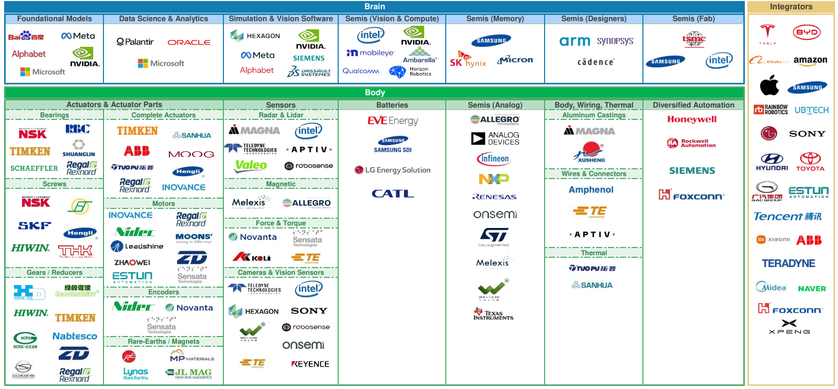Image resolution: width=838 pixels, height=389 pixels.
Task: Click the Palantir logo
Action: [x=135, y=42]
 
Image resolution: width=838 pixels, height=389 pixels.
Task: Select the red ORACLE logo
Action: [x=189, y=42]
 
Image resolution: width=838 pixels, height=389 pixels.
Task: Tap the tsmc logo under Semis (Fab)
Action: [x=694, y=39]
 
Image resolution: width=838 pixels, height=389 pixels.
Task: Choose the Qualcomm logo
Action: [x=361, y=71]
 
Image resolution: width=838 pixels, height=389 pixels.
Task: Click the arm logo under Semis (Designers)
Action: [x=574, y=41]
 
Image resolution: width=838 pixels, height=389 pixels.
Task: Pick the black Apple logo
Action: [x=769, y=85]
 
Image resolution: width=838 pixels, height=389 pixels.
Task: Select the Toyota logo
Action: [x=810, y=161]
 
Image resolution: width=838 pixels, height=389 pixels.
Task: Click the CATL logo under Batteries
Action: [x=393, y=193]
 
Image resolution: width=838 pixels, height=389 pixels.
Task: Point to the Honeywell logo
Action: [x=692, y=119]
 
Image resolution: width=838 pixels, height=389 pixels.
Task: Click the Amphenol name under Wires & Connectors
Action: [x=591, y=189]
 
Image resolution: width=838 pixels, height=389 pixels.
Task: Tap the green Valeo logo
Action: [x=251, y=165]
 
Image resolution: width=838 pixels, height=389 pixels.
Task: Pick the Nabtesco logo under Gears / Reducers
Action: [x=75, y=336]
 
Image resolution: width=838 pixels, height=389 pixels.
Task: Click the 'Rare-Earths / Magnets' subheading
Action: [x=163, y=341]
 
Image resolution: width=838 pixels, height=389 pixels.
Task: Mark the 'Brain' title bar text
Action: [x=374, y=7]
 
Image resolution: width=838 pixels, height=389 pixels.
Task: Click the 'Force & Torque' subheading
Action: [x=281, y=223]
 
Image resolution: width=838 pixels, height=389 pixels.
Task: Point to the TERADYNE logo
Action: [x=788, y=263]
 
